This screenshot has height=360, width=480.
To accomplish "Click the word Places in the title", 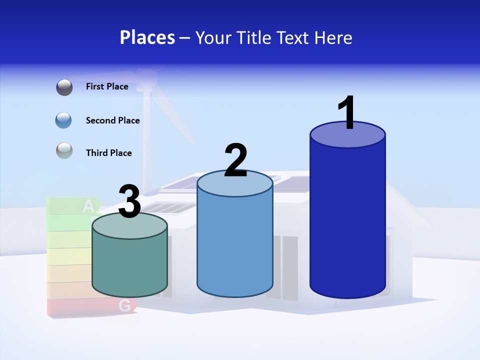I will (147, 37).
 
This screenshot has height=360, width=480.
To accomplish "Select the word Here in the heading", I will (333, 37).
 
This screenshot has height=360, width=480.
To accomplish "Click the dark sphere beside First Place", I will (64, 87).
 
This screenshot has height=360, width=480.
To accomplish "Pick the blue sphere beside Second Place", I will (64, 120).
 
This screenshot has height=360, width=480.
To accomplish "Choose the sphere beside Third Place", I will (64, 150).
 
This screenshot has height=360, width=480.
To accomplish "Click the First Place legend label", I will (107, 86).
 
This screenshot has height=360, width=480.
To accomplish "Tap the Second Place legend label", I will (112, 120).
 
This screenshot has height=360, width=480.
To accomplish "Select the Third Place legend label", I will (108, 153).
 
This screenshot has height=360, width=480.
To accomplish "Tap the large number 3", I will (129, 202).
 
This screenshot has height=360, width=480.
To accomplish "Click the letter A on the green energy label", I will (88, 205).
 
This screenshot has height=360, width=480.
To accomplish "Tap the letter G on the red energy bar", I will (125, 305).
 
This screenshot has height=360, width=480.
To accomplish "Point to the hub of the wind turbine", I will (146, 77).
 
